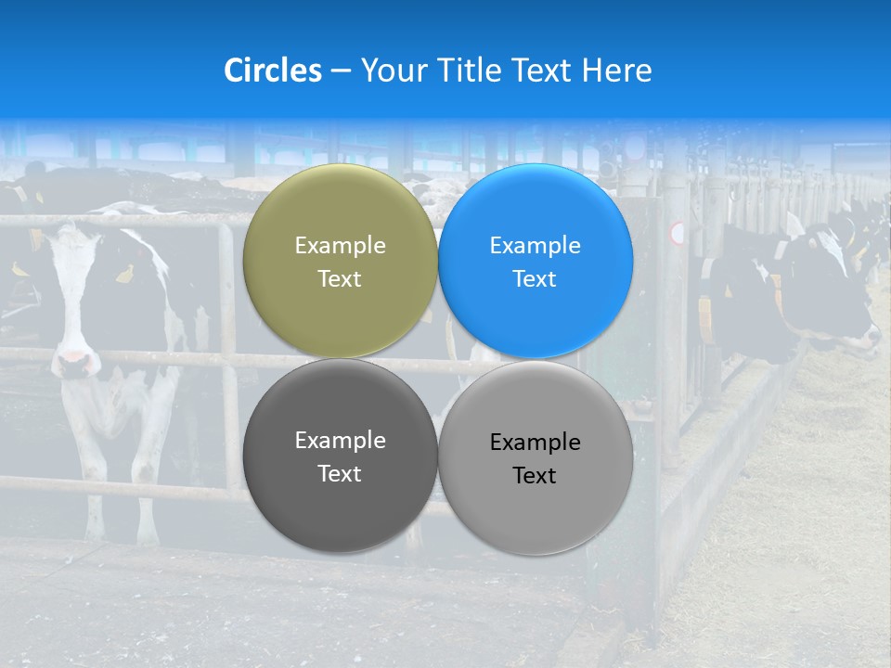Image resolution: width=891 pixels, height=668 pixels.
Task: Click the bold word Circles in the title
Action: point(273,71)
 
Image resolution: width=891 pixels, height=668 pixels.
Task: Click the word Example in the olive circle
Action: point(340,246)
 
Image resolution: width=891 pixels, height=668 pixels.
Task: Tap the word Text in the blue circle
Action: point(535,279)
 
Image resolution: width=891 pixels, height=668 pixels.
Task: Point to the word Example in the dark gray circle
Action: point(340,441)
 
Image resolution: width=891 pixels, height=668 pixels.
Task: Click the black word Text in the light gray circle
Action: point(535,476)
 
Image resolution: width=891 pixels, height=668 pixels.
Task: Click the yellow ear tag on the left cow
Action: point(123,274)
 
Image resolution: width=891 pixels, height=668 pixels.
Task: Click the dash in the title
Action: point(341,71)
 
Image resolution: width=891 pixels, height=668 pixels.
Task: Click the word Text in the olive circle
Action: point(340,279)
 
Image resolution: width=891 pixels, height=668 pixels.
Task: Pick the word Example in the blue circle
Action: point(535,246)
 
